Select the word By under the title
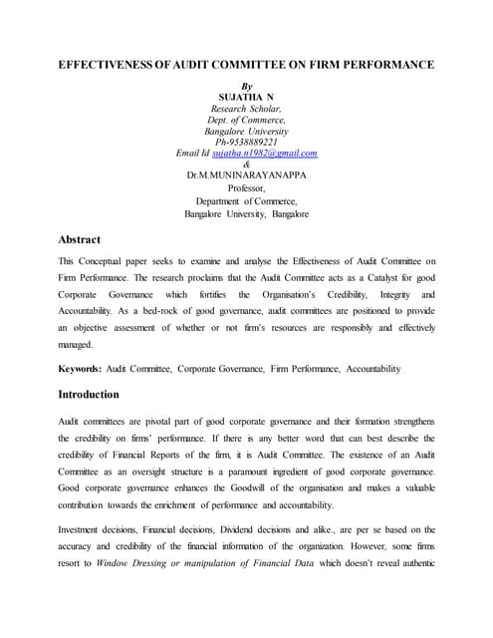(247, 87)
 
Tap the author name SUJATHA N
(246, 98)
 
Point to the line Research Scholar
(246, 109)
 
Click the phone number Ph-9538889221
(246, 142)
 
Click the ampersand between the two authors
(246, 163)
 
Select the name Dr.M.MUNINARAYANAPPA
(246, 174)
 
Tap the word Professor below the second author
(246, 186)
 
